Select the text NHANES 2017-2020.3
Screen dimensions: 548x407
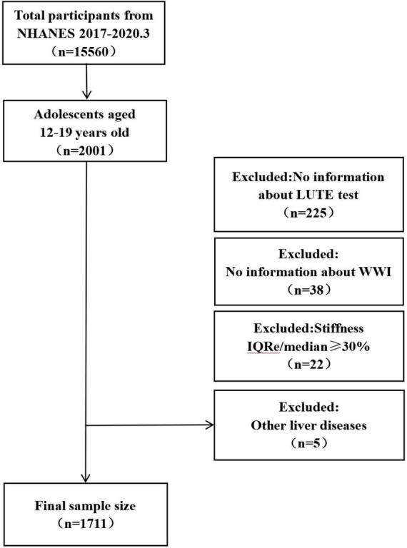(86, 32)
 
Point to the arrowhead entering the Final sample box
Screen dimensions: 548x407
(86, 479)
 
